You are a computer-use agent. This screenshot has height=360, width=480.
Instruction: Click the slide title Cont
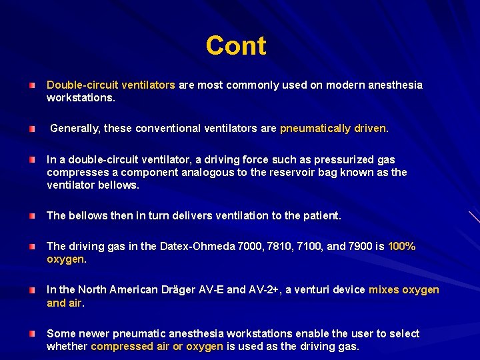pos(236,46)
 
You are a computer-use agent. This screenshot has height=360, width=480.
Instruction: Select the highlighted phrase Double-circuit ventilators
pos(111,85)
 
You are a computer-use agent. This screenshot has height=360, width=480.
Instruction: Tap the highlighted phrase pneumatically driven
pos(333,129)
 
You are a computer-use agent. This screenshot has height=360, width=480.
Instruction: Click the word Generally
pos(75,129)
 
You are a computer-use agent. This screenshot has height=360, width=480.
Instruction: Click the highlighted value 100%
pos(401,247)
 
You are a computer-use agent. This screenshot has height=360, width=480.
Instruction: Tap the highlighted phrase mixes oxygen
pos(404,290)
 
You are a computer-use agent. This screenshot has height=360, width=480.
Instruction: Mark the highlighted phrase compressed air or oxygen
pos(157,347)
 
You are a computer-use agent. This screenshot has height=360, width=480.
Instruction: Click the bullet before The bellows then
pos(32,216)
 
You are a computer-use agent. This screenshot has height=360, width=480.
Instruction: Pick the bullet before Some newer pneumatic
pos(32,333)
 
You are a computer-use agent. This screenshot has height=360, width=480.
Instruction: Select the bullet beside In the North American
pos(32,290)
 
